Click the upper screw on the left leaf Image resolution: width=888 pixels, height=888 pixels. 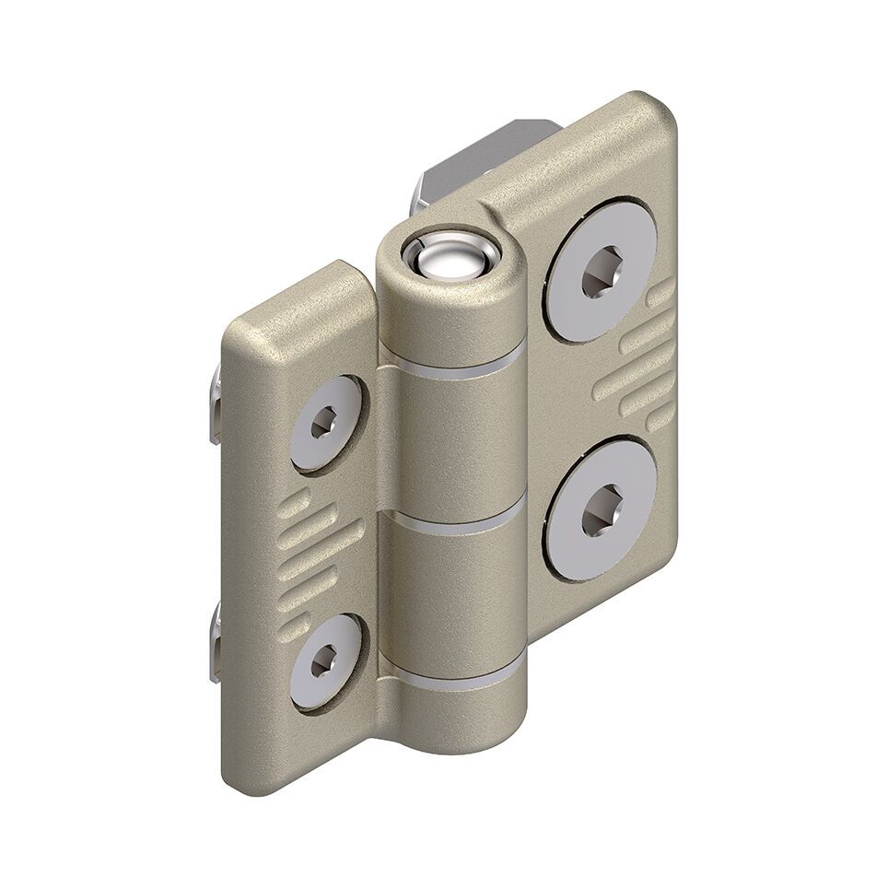point(325,424)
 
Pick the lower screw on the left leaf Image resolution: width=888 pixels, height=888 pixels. point(325,660)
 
